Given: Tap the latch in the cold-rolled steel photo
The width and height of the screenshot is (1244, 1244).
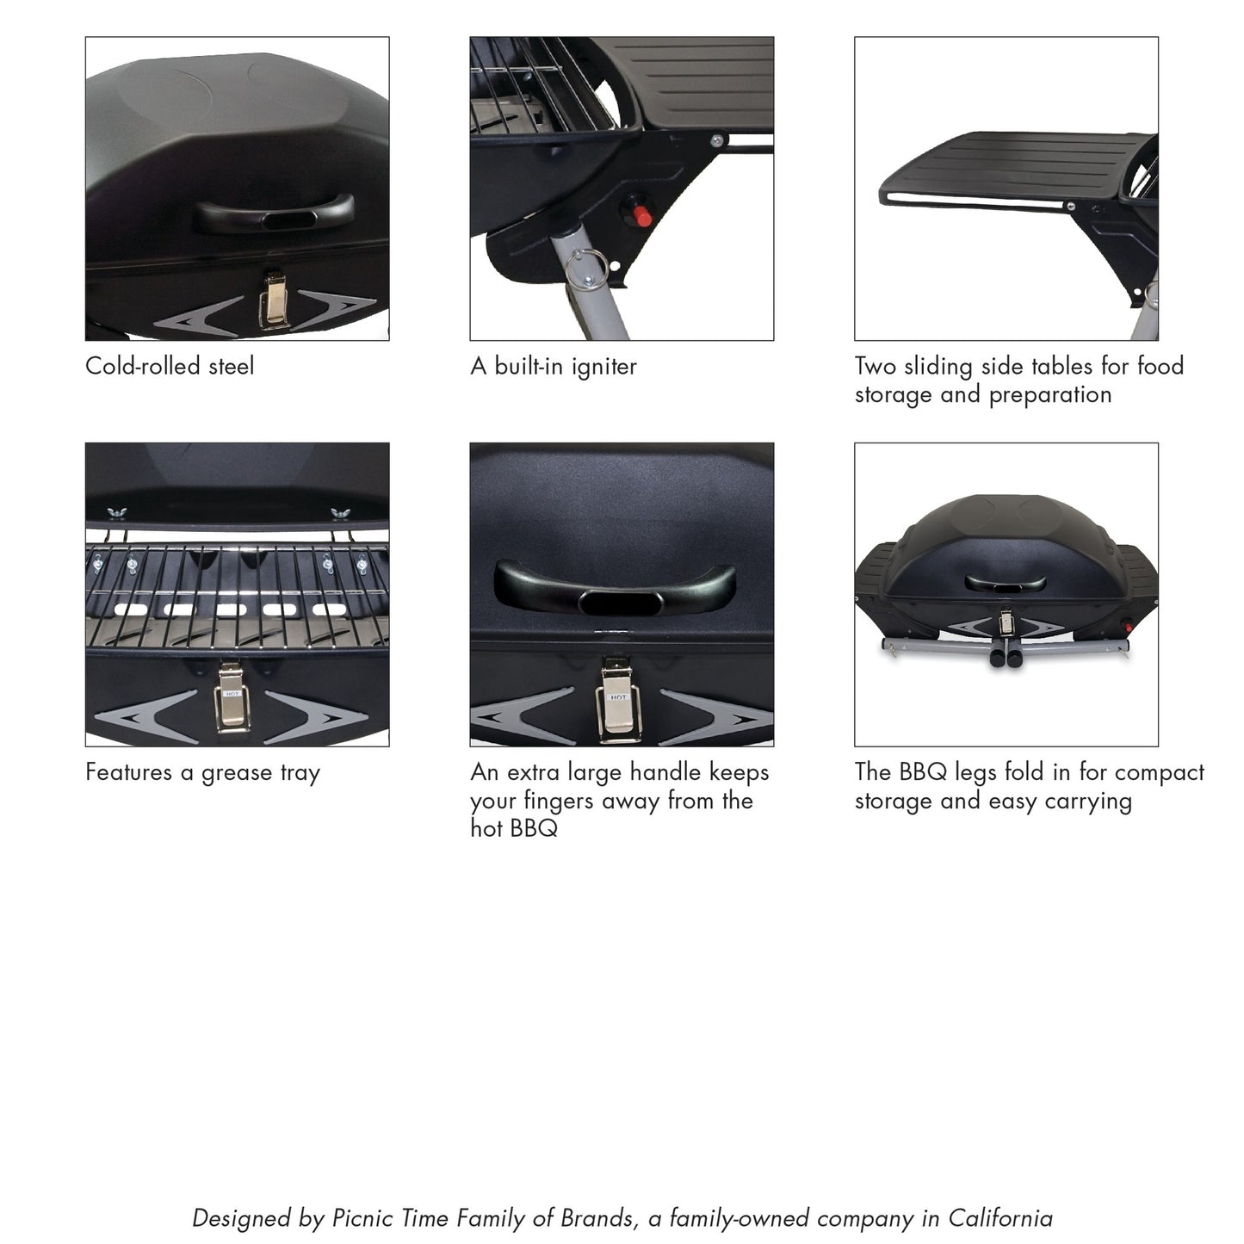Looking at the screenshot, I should click(275, 299).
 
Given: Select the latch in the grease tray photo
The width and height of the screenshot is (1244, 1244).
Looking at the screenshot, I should click(230, 696).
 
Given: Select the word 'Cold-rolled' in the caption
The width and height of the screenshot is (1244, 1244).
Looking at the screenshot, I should click(136, 367).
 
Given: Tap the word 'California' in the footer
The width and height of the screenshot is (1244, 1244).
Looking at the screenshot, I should click(1000, 1218).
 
